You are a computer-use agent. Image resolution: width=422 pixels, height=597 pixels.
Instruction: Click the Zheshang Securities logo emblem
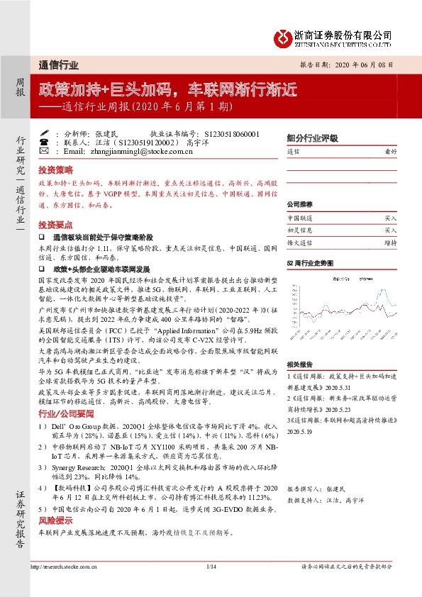[x=282, y=37]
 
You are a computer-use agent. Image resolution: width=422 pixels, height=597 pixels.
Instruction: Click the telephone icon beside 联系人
[x=44, y=142]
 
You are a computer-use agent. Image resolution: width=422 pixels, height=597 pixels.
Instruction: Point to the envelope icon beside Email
[x=44, y=151]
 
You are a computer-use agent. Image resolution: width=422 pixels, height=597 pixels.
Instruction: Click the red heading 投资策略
[x=55, y=170]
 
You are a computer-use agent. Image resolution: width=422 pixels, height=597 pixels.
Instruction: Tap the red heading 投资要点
[x=55, y=223]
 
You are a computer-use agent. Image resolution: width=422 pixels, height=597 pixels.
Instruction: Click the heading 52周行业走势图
[x=309, y=262]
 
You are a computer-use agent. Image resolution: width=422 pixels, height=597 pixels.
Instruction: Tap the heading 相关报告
[x=296, y=364]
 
